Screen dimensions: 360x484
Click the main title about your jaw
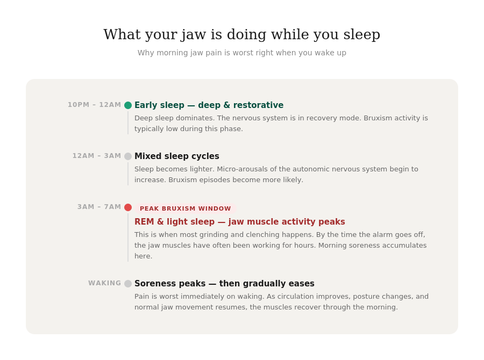pos(241,34)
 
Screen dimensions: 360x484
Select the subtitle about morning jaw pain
pos(241,53)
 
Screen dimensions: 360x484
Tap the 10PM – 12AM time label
pos(94,105)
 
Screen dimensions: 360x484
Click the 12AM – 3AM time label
pos(97,156)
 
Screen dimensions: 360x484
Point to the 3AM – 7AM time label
pos(99,207)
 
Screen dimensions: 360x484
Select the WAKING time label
pos(104,283)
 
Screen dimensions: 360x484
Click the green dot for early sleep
pos(128,105)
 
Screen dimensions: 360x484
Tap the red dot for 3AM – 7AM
pos(128,207)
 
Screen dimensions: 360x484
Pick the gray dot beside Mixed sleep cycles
pos(128,156)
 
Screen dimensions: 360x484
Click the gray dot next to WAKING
pos(128,284)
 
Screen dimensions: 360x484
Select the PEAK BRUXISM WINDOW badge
pos(185,208)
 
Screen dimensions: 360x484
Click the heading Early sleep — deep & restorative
pos(209,105)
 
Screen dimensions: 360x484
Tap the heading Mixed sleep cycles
pos(176,156)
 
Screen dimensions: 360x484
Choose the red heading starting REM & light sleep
pos(239,222)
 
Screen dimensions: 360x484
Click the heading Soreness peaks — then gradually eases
pos(224,284)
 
